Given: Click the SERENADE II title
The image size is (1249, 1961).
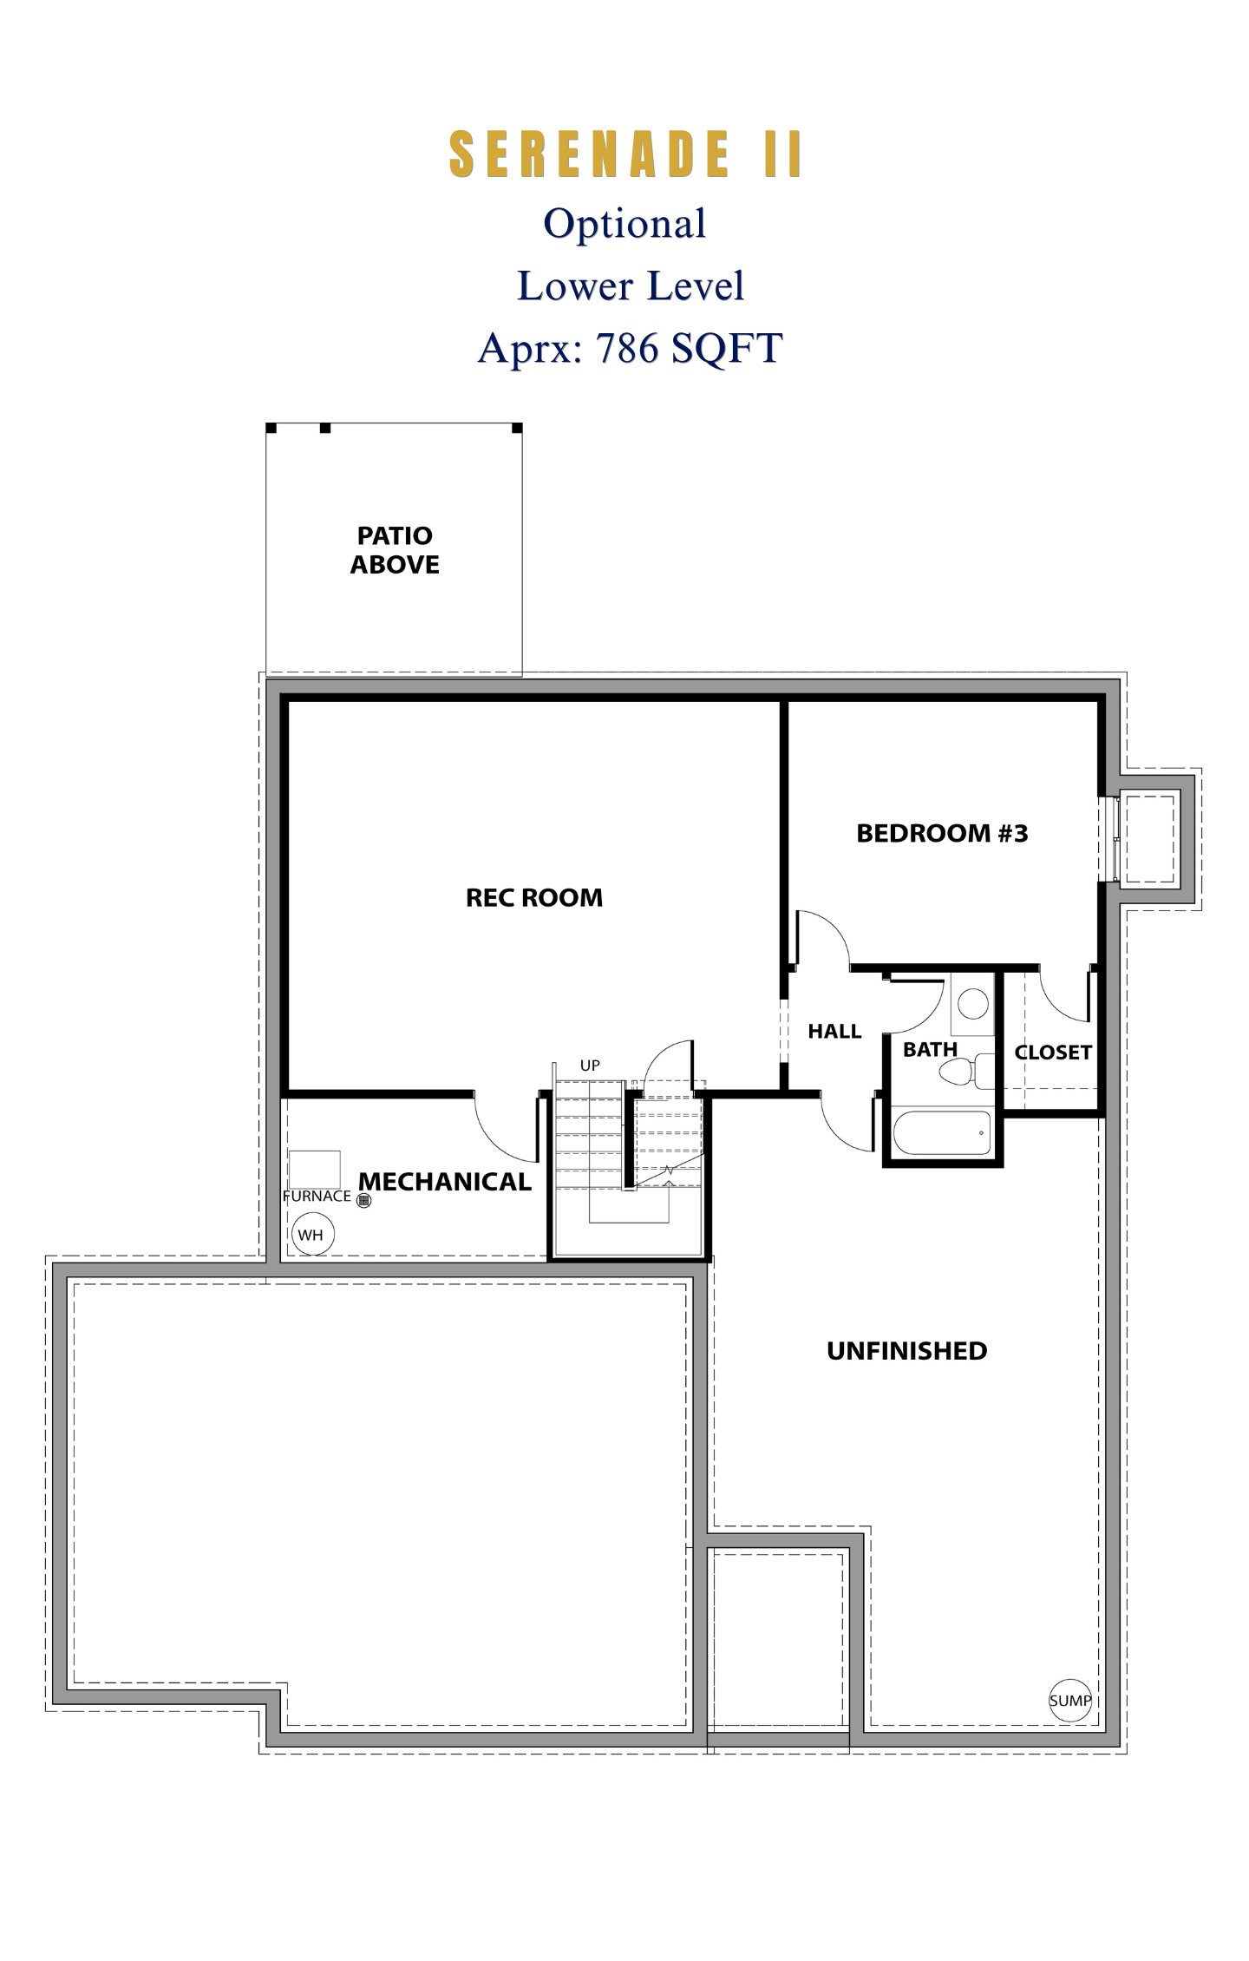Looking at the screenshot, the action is tap(624, 154).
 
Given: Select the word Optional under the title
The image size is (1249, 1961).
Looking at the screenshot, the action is tap(624, 224).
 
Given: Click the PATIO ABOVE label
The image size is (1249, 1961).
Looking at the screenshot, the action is tap(395, 550).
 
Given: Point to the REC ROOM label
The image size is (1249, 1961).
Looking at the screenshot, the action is tap(534, 897).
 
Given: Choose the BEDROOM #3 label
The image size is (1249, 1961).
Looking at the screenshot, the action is tap(942, 833).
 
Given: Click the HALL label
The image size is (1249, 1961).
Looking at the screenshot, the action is tap(834, 1031).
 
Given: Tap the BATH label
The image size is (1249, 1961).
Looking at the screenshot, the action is tap(930, 1049).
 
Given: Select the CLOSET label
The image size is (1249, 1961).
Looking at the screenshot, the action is tap(1053, 1053).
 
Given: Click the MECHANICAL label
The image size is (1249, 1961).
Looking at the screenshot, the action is tap(445, 1182).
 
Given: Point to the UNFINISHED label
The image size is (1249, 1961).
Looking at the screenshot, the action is tap(906, 1351).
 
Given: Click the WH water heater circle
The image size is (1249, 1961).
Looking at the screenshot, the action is tap(313, 1235).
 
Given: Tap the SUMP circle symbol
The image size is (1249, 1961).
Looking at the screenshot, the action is tap(1070, 1701).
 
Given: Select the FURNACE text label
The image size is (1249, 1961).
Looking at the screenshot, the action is tap(317, 1196).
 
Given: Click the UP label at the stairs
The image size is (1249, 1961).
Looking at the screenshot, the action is tap(590, 1066).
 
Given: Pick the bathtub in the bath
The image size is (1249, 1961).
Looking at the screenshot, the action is tap(943, 1132).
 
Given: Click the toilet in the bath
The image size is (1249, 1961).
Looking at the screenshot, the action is tap(966, 1071).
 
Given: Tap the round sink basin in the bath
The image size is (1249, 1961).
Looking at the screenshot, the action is tap(973, 1005).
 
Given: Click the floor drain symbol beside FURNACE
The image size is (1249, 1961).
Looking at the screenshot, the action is tap(364, 1201).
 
